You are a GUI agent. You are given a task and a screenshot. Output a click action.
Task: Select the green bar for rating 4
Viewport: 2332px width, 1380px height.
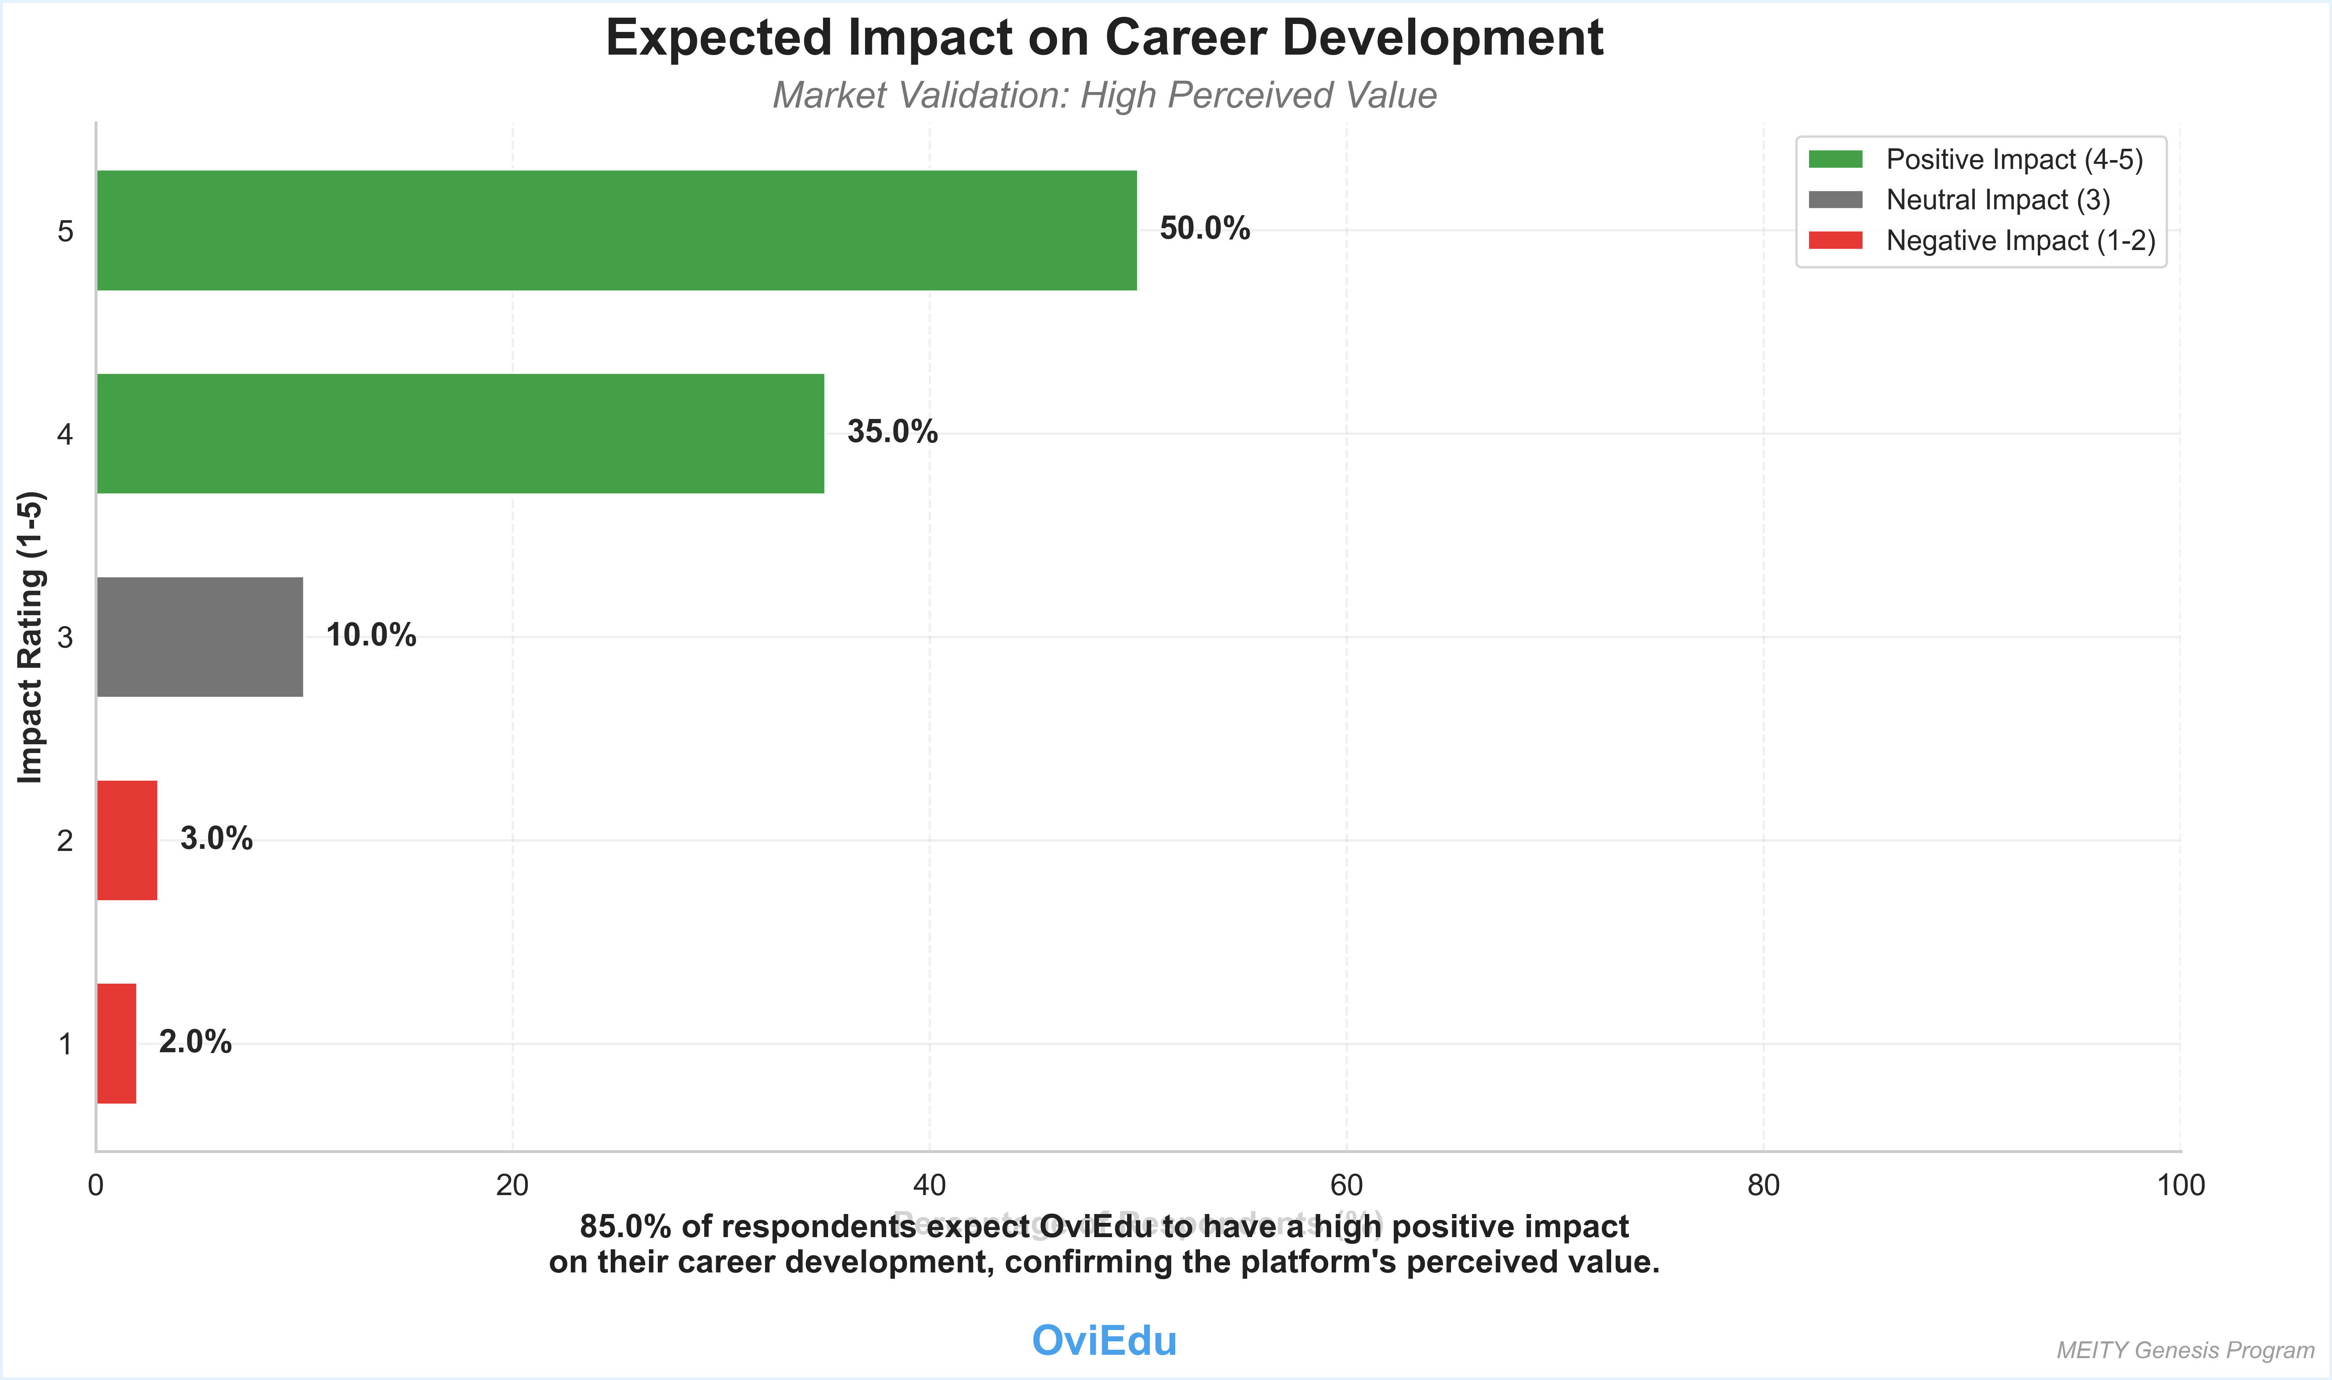(460, 433)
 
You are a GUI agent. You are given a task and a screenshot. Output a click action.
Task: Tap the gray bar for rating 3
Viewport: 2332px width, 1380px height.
(200, 637)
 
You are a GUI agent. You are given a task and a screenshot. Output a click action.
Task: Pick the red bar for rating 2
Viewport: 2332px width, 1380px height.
(127, 840)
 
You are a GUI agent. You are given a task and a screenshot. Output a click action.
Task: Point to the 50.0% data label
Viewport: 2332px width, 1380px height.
(1205, 229)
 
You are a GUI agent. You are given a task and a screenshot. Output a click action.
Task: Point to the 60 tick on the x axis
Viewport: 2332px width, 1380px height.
(1346, 1185)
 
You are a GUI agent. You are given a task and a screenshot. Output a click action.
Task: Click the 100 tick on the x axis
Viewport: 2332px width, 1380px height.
(2180, 1185)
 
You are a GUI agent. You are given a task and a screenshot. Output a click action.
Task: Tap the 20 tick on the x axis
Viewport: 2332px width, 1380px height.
(512, 1185)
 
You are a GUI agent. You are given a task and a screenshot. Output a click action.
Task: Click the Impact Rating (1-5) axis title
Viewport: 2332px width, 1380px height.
(31, 637)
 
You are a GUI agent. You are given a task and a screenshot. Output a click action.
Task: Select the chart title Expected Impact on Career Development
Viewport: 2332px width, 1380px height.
(1104, 39)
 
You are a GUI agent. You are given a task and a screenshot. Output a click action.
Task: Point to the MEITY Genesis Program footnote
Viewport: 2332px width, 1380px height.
(2185, 1350)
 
